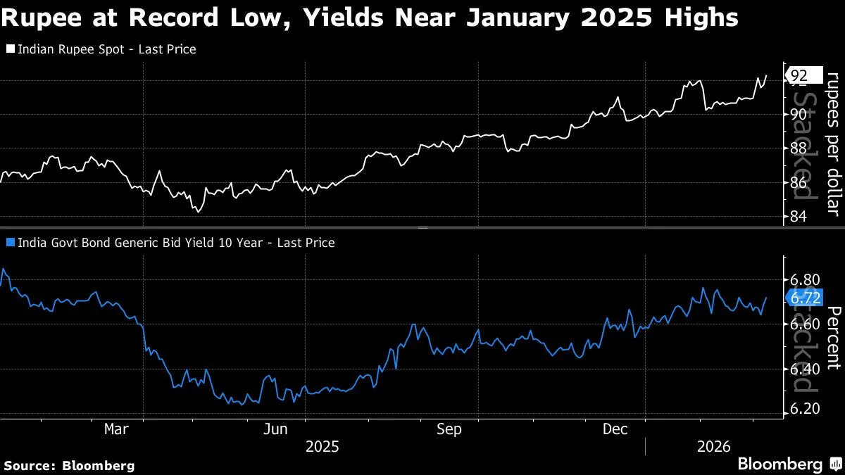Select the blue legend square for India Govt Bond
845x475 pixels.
[x=9, y=243]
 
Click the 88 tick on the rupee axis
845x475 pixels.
[x=799, y=148]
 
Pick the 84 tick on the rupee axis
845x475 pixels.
[x=799, y=217]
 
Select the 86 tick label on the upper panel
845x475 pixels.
[x=799, y=183]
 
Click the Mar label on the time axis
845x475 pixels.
[x=116, y=429]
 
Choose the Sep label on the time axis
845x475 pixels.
[x=449, y=429]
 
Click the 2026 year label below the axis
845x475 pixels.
[x=713, y=446]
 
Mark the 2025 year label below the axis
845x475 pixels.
[x=323, y=446]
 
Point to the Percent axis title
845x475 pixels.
[x=833, y=338]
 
